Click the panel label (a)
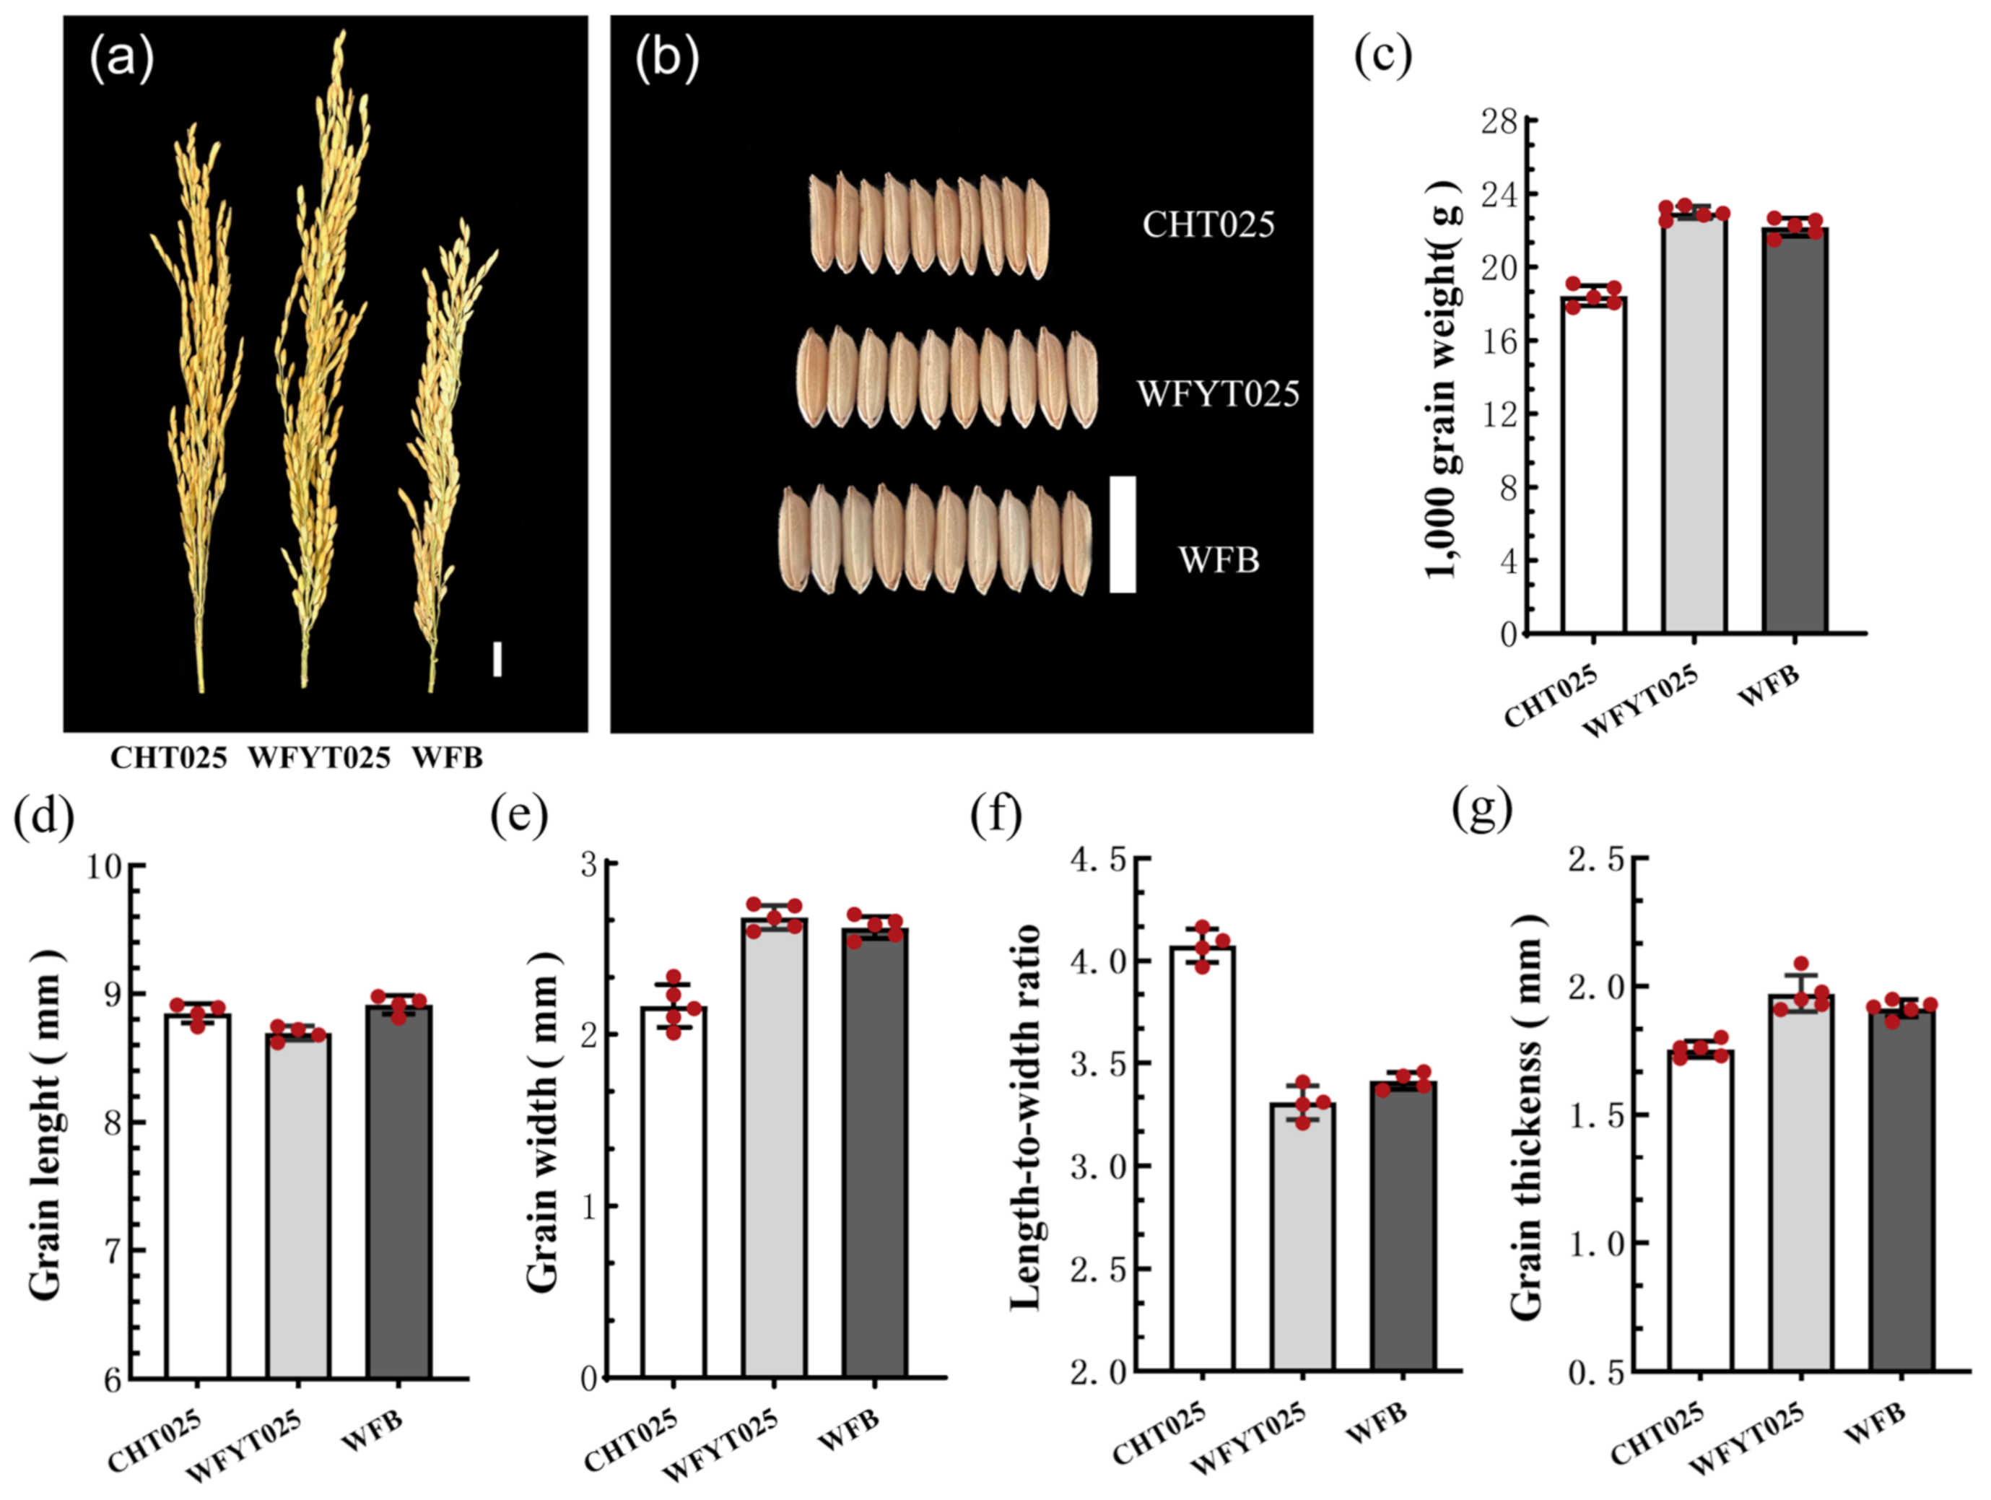(x=121, y=58)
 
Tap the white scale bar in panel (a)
(x=497, y=658)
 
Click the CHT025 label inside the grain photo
(x=1208, y=224)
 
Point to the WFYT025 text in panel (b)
(x=1218, y=394)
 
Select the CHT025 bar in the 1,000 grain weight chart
(x=1593, y=468)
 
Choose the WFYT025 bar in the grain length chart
(x=297, y=1205)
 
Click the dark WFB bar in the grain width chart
(x=875, y=1152)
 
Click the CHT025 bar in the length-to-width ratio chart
(x=1203, y=1161)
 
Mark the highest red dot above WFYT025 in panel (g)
(x=1800, y=964)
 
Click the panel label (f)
(x=995, y=815)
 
